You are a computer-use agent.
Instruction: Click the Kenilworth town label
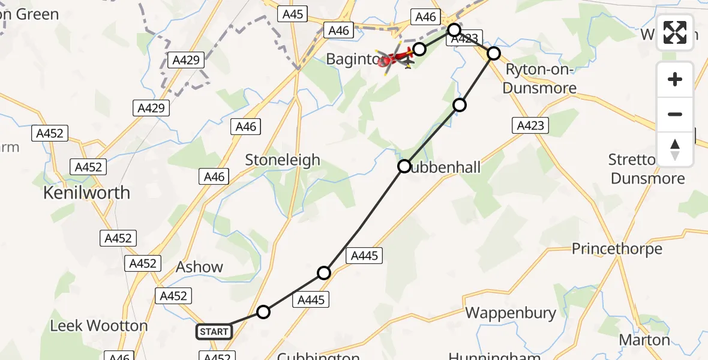click(86, 193)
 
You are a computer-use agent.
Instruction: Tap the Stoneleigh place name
click(283, 160)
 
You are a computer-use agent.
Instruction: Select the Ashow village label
click(199, 267)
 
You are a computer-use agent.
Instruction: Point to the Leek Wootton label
click(98, 326)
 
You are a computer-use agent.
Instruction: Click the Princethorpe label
click(617, 248)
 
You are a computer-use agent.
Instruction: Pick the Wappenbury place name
click(511, 313)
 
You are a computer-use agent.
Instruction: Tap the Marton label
click(644, 340)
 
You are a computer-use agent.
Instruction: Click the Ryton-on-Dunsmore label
click(540, 79)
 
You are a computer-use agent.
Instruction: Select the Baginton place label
click(354, 59)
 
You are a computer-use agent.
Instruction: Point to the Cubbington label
click(318, 355)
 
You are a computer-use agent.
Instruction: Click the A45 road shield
click(293, 14)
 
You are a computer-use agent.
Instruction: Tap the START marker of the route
click(214, 331)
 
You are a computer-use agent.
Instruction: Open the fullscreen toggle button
click(675, 32)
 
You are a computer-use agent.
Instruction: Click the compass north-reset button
click(675, 149)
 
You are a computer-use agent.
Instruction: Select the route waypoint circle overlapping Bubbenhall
click(405, 166)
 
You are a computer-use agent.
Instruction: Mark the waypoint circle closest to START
click(263, 311)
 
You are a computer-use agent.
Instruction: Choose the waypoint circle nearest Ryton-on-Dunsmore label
click(493, 53)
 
